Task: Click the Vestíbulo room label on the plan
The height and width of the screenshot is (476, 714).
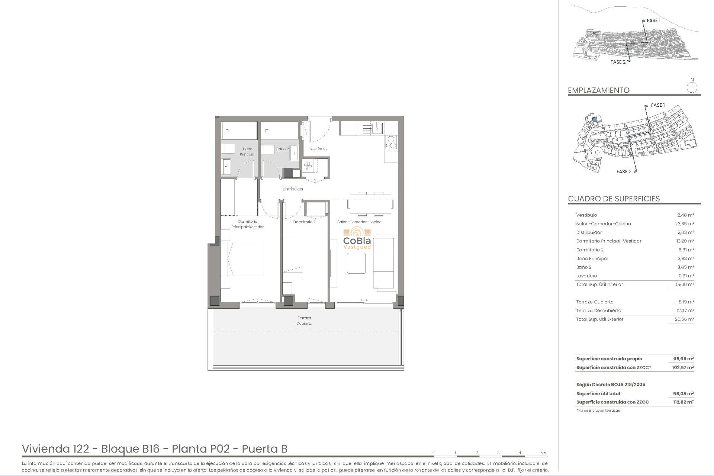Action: click(318, 149)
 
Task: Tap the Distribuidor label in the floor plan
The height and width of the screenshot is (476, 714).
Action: click(293, 189)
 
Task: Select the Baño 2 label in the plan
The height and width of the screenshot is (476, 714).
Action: click(282, 149)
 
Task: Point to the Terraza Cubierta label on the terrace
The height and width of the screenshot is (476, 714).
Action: click(304, 321)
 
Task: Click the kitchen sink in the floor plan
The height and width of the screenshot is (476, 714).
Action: click(372, 128)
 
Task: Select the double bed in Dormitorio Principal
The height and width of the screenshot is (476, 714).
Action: click(242, 259)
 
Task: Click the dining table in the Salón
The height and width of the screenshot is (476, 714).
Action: click(370, 204)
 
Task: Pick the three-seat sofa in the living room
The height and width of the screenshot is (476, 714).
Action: click(385, 263)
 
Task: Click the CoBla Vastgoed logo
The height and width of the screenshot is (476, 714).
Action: click(357, 239)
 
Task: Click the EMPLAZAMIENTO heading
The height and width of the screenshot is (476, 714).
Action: click(598, 90)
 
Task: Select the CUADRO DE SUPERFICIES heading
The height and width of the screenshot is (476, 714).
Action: click(614, 199)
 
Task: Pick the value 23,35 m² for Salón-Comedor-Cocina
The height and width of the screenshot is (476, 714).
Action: click(685, 224)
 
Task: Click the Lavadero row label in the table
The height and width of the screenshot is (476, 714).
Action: click(586, 276)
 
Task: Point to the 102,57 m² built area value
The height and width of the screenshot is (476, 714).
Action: click(683, 367)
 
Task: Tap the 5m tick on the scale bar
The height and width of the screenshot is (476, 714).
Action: click(543, 453)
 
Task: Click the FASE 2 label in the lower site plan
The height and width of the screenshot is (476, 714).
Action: click(624, 171)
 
